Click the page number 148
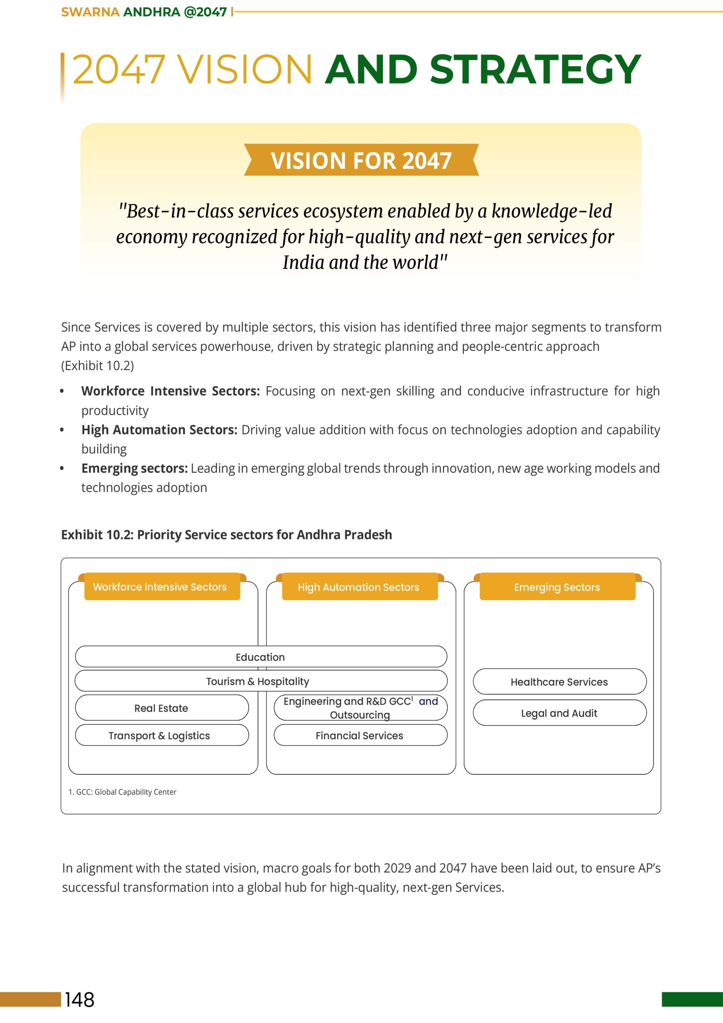click(80, 999)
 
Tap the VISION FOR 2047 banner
click(361, 160)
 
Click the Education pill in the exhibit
click(260, 657)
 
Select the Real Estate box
click(161, 708)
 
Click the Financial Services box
click(360, 735)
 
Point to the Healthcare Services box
click(559, 682)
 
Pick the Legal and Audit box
click(559, 713)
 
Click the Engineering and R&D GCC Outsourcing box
click(360, 708)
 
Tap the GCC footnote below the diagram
click(123, 792)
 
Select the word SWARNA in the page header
click(90, 12)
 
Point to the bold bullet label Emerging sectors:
click(135, 468)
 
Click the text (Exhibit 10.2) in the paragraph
click(97, 366)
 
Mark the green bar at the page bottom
click(692, 999)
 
